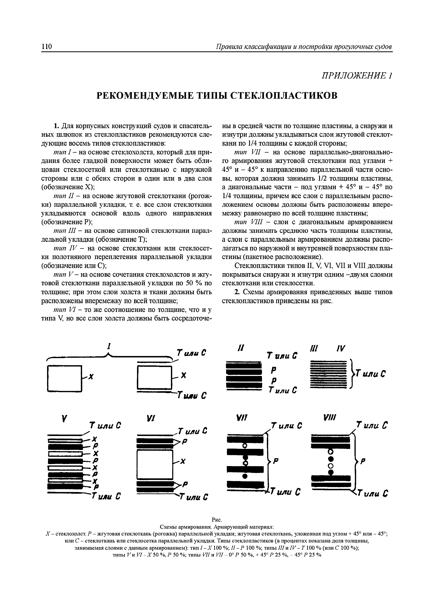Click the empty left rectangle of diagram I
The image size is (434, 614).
[64, 379]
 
